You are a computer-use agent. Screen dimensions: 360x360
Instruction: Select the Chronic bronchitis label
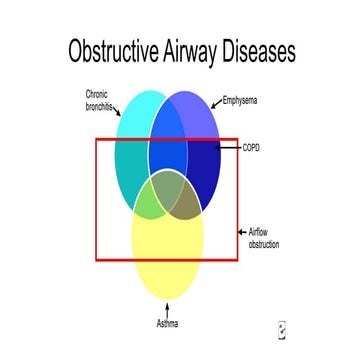pyautogui.click(x=102, y=100)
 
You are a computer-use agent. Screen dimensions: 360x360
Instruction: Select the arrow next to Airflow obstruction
pyautogui.click(x=241, y=232)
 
